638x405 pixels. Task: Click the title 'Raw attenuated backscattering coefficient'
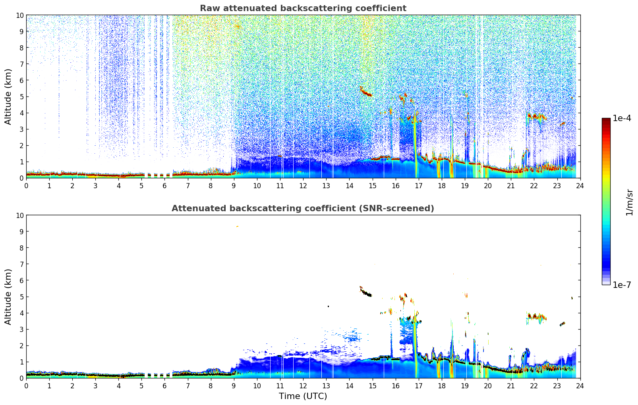pyautogui.click(x=303, y=8)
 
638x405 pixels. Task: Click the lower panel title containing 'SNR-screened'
pyautogui.click(x=303, y=208)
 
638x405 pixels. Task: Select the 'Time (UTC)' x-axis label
pyautogui.click(x=303, y=396)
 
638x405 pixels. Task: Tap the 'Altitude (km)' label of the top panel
pyautogui.click(x=8, y=96)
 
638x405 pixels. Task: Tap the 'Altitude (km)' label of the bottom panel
pyautogui.click(x=8, y=297)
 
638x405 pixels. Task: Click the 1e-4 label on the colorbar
pyautogui.click(x=622, y=118)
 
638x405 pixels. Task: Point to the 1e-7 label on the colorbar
pyautogui.click(x=622, y=285)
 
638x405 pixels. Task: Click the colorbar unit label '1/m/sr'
pyautogui.click(x=629, y=202)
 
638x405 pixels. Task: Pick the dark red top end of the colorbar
pyautogui.click(x=606, y=120)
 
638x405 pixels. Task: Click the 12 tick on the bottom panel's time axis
pyautogui.click(x=303, y=386)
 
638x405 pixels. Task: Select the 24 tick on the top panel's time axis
pyautogui.click(x=580, y=185)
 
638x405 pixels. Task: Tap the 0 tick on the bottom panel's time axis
pyautogui.click(x=26, y=386)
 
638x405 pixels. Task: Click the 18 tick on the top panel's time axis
pyautogui.click(x=442, y=185)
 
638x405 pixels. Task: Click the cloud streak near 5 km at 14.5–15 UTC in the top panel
pyautogui.click(x=365, y=93)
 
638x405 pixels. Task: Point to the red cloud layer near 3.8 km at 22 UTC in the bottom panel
pyautogui.click(x=537, y=316)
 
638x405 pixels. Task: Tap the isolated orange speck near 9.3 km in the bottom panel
pyautogui.click(x=237, y=226)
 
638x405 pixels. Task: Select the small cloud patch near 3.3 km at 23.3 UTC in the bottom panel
pyautogui.click(x=563, y=324)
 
